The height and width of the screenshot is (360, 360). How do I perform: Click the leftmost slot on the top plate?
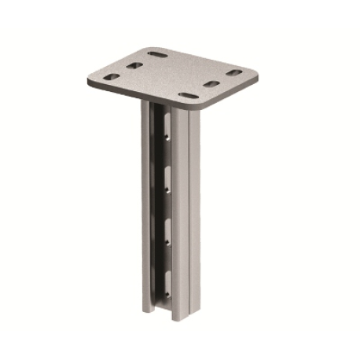pyautogui.click(x=111, y=77)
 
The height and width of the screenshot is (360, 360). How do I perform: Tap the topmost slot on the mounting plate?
pyautogui.click(x=157, y=55)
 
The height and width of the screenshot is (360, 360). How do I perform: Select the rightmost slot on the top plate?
pyautogui.click(x=234, y=73)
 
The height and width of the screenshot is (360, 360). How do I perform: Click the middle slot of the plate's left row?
pyautogui.click(x=134, y=66)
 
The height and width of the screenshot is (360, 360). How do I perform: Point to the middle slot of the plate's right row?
pyautogui.click(x=211, y=84)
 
